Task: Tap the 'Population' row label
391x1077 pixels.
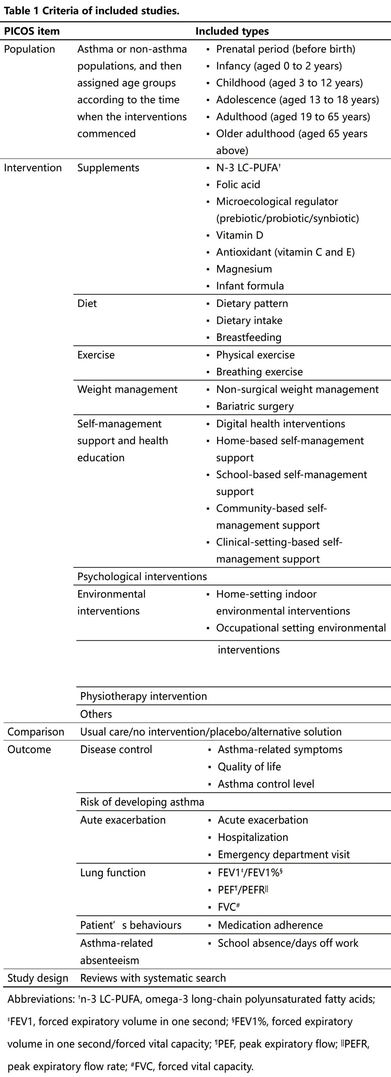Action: tap(29, 49)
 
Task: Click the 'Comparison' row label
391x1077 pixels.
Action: tap(35, 732)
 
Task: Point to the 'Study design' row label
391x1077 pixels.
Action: tap(38, 978)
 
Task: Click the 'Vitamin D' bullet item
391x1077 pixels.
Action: tap(239, 235)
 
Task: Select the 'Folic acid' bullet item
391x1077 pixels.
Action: tap(237, 184)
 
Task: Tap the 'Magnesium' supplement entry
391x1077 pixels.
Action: tap(243, 269)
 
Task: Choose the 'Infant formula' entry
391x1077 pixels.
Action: tap(250, 286)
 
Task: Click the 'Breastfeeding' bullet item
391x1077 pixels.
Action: tap(248, 337)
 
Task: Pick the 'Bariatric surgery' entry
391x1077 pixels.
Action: tap(255, 406)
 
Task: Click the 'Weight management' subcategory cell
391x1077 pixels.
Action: tap(127, 389)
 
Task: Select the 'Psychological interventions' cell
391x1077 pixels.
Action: tap(142, 577)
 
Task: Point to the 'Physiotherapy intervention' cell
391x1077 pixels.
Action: tap(143, 696)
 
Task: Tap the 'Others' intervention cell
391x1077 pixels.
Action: tap(96, 714)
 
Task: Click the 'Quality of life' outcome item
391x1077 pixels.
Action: tap(249, 766)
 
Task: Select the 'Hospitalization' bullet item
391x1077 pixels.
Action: tap(253, 837)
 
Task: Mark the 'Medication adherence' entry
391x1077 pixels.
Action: tap(270, 925)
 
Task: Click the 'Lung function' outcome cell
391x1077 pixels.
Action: tap(113, 872)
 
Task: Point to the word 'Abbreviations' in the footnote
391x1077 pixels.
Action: tap(40, 999)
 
